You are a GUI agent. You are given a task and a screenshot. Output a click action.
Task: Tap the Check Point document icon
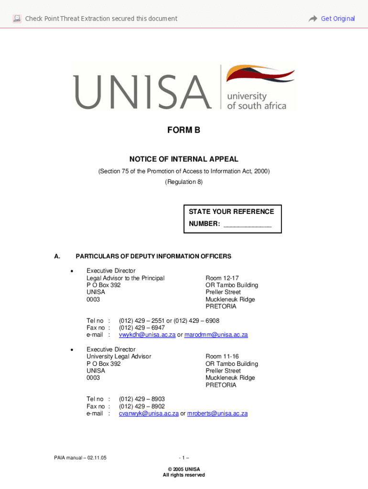pos(17,19)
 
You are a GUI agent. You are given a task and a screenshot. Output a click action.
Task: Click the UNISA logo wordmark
pos(142,91)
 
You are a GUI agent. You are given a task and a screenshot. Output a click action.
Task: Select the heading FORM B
pos(184,130)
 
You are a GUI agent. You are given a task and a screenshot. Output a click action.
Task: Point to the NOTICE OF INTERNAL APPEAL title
pos(184,159)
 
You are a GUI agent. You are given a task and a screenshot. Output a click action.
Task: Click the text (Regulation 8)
pos(184,182)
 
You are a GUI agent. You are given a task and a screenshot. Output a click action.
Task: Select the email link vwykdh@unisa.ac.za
pos(147,335)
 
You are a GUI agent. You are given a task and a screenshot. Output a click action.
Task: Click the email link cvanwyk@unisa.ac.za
pos(149,414)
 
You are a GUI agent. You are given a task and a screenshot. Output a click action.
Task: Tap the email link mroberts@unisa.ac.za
pos(217,414)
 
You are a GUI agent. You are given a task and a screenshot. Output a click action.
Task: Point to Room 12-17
pos(222,278)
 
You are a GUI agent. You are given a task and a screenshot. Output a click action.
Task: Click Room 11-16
pos(222,356)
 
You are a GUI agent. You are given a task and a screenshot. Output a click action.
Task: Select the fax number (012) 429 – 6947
pos(142,328)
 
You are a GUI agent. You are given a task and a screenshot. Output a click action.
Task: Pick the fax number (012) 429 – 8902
pos(142,406)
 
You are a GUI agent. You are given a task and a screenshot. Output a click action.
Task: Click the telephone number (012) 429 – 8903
pos(142,399)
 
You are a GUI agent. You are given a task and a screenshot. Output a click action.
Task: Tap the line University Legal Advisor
pos(119,356)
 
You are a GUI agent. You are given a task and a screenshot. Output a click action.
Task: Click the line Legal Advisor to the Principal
pos(125,278)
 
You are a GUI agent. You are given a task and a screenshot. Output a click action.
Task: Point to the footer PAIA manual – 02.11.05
pos(80,458)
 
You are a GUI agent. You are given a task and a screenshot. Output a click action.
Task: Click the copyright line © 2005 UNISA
pos(184,469)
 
